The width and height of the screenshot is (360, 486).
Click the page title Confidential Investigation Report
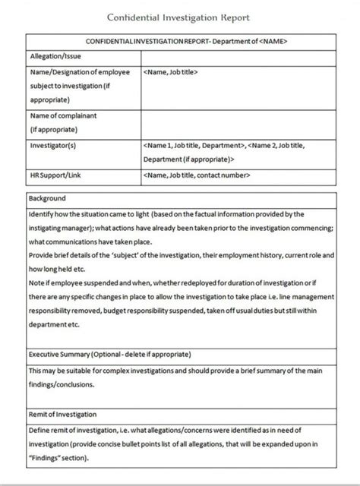[x=179, y=16]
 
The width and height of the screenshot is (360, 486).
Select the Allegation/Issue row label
[x=55, y=56]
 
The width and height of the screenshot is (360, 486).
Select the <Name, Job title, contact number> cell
[x=197, y=175]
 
